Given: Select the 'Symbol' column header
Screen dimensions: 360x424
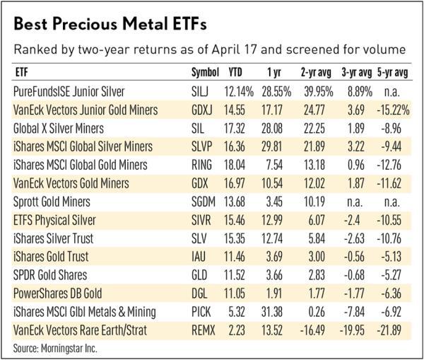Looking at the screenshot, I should click(206, 73).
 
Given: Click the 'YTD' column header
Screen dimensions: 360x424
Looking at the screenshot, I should click(236, 73).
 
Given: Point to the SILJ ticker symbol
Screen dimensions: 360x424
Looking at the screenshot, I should click(201, 92).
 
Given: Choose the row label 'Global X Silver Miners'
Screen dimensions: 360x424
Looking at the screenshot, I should click(59, 129).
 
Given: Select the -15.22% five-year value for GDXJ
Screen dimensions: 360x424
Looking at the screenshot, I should click(394, 110).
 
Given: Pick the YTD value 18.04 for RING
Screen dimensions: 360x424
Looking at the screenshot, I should click(236, 166).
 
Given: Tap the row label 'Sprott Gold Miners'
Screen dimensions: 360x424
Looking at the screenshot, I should click(50, 202).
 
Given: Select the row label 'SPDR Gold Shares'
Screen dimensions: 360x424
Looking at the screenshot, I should click(49, 275).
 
